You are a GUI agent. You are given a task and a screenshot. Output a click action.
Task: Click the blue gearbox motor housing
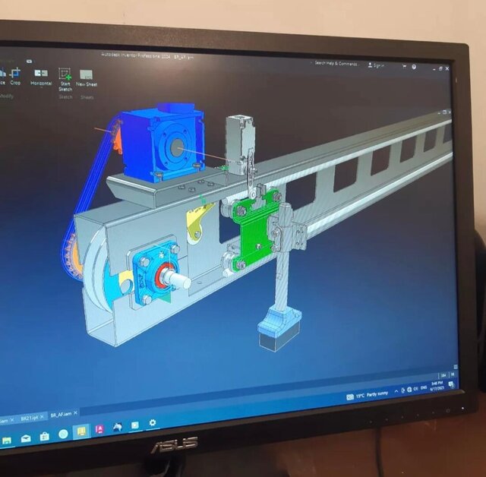click(x=163, y=141)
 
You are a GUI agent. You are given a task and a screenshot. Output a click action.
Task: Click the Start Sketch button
click(x=65, y=79)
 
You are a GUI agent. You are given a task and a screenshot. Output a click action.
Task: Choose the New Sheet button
click(x=87, y=79)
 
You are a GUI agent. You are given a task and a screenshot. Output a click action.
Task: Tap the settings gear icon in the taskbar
click(x=153, y=423)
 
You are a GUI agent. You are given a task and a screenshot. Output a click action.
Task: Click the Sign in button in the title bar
click(x=376, y=65)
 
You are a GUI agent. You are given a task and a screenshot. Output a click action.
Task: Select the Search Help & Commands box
click(x=336, y=64)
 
